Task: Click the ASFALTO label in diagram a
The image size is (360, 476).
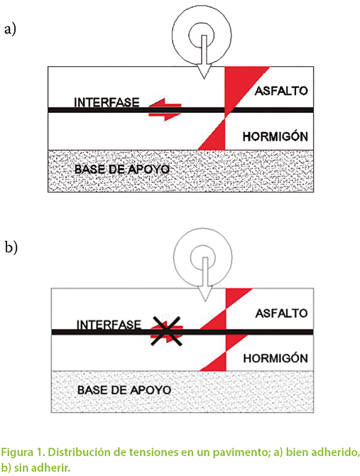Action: pyautogui.click(x=281, y=91)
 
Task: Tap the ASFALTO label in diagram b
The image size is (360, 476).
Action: pyautogui.click(x=281, y=313)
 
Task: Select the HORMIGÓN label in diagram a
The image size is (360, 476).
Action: pyautogui.click(x=275, y=136)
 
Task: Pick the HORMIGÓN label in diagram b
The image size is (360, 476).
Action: pyautogui.click(x=276, y=358)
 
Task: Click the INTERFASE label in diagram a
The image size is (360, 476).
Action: pyautogui.click(x=107, y=102)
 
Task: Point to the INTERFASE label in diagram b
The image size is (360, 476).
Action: pyautogui.click(x=109, y=325)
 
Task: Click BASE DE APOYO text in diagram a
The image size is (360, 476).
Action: pyautogui.click(x=122, y=169)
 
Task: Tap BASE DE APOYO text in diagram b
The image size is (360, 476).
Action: pyautogui.click(x=124, y=390)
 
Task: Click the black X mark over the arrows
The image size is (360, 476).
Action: pyautogui.click(x=167, y=331)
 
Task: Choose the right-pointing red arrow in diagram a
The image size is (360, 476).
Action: pyautogui.click(x=165, y=116)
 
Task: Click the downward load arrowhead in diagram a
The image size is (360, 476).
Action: pyautogui.click(x=204, y=71)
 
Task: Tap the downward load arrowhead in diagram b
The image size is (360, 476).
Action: pyautogui.click(x=205, y=294)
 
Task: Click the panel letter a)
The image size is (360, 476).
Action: pyautogui.click(x=10, y=30)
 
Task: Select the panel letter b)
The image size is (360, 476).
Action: pyautogui.click(x=11, y=247)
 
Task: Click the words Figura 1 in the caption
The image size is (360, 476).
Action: pyautogui.click(x=23, y=453)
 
